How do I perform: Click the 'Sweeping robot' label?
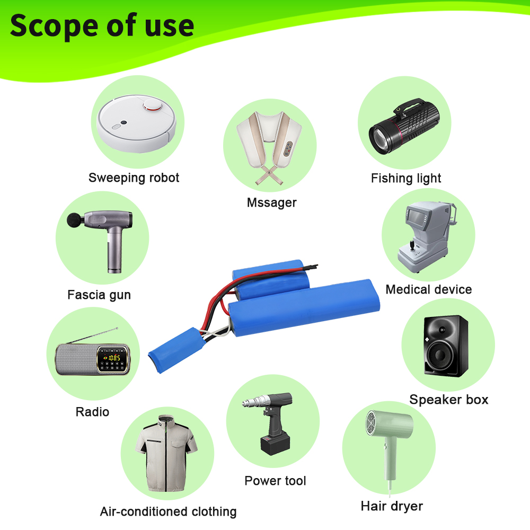[134, 178]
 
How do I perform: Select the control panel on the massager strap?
[288, 149]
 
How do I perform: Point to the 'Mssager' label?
[272, 203]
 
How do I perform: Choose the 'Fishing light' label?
[406, 178]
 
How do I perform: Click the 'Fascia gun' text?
[99, 295]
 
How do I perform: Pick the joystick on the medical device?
[412, 245]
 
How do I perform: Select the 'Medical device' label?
[429, 289]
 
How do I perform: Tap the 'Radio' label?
[92, 412]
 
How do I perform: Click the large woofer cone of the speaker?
[440, 355]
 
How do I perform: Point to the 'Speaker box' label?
[449, 400]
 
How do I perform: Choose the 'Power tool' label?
[275, 481]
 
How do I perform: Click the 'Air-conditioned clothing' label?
[169, 512]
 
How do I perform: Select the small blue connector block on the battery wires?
[177, 350]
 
